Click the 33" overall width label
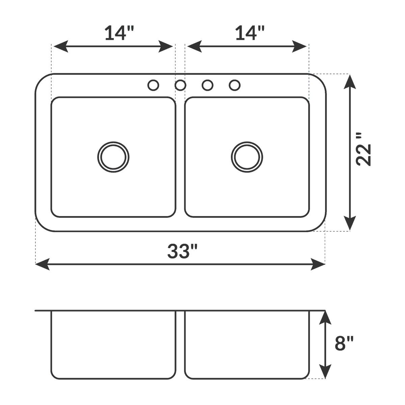click(183, 251)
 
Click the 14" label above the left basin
click(119, 33)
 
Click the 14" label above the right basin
click(249, 33)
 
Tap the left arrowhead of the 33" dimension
click(43, 264)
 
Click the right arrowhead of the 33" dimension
click(318, 264)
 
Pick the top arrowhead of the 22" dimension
click(350, 82)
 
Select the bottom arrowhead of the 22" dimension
click(350, 223)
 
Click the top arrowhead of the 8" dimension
click(325, 318)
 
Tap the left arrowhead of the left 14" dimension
click(61, 46)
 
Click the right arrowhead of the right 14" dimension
click(299, 46)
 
